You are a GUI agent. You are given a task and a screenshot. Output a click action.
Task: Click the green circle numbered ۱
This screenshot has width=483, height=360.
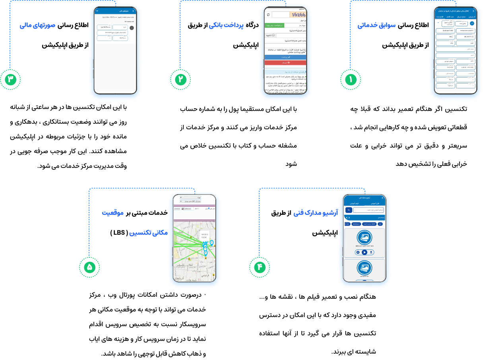(x=351, y=80)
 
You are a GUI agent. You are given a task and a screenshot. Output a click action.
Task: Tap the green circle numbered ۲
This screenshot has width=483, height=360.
(x=180, y=80)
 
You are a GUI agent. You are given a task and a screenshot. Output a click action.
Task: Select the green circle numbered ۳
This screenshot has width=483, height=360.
(x=10, y=80)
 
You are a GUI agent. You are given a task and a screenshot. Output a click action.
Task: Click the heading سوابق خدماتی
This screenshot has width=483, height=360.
(x=376, y=25)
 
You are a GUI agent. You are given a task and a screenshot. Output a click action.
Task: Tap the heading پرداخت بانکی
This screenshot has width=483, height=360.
(x=226, y=25)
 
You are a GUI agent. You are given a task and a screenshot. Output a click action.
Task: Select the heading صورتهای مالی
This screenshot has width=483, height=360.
(x=37, y=25)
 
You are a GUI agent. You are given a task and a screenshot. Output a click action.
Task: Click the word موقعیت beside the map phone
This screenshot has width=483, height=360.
(x=113, y=213)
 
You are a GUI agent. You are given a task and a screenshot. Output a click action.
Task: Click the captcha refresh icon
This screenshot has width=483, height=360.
(x=268, y=15)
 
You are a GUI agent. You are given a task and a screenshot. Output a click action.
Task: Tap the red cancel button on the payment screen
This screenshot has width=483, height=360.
(x=285, y=62)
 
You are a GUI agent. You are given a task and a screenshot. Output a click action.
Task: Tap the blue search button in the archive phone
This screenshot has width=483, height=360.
(x=348, y=210)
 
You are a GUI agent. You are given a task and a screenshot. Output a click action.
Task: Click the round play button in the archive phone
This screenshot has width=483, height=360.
(x=365, y=252)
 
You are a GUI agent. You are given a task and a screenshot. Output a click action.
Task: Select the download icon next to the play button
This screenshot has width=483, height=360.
(x=371, y=252)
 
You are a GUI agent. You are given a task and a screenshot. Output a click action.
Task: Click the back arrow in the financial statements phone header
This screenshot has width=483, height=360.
(x=133, y=11)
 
